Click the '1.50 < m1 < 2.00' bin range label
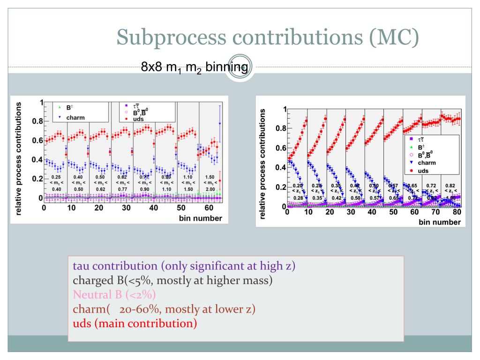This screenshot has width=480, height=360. pos(209,183)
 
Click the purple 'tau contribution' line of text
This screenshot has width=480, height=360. pos(184,266)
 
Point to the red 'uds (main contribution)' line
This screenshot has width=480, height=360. pos(135,323)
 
